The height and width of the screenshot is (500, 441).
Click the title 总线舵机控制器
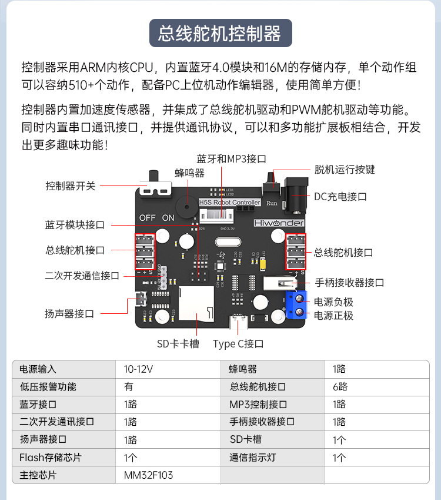pyautogui.click(x=220, y=33)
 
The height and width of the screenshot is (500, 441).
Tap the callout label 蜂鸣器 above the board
pyautogui.click(x=189, y=173)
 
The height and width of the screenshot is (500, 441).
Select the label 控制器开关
pyautogui.click(x=70, y=186)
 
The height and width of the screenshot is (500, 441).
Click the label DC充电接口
pyautogui.click(x=340, y=197)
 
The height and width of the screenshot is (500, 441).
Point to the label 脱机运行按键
pyautogui.click(x=345, y=170)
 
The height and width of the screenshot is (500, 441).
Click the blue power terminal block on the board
pyautogui.click(x=296, y=304)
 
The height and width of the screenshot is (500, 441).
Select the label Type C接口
pyautogui.click(x=238, y=344)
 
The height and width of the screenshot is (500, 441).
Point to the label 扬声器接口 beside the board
pyautogui.click(x=69, y=313)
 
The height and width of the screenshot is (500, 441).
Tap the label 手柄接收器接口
pyautogui.click(x=350, y=283)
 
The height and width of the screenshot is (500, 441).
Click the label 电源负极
pyautogui.click(x=333, y=302)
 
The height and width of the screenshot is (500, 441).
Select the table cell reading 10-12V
pyautogui.click(x=138, y=369)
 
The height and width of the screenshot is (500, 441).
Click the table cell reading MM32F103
pyautogui.click(x=148, y=475)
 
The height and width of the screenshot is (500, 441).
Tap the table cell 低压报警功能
pyautogui.click(x=48, y=387)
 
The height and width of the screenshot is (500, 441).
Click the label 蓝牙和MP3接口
pyautogui.click(x=232, y=159)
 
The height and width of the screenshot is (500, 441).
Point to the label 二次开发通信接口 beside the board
pyautogui.click(x=82, y=275)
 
